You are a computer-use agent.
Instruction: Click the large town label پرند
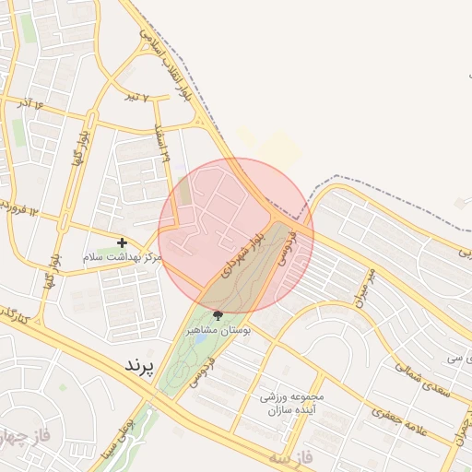(142, 365)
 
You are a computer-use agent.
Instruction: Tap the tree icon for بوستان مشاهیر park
(218, 314)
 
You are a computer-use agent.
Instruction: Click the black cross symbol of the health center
(123, 242)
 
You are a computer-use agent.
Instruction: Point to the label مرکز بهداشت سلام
(122, 257)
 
